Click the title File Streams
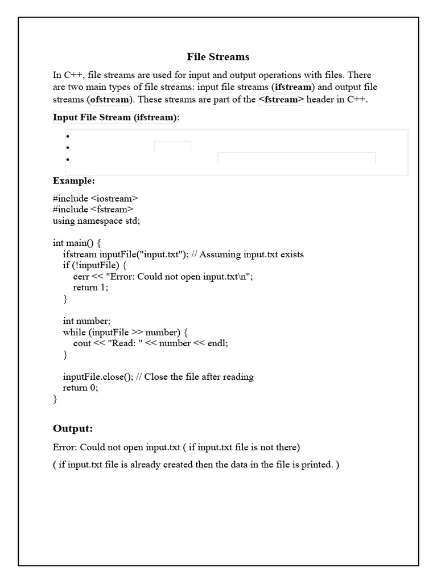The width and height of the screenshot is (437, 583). click(x=218, y=57)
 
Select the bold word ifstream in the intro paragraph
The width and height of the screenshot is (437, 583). click(x=292, y=87)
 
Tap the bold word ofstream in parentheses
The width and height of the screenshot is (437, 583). click(x=110, y=100)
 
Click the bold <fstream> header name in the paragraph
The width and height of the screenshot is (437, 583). click(x=281, y=100)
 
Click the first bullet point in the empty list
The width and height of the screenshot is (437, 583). click(x=68, y=137)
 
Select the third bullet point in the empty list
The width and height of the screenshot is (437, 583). click(x=68, y=159)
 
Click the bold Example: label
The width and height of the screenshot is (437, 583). click(x=74, y=180)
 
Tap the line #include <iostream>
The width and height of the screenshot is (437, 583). click(x=96, y=198)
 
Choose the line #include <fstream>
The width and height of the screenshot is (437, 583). click(x=93, y=210)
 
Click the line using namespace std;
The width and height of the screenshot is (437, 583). click(x=96, y=220)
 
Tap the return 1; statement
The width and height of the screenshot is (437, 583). click(x=90, y=288)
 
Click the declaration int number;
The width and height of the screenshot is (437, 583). click(x=86, y=321)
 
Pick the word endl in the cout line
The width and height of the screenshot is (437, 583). click(x=216, y=343)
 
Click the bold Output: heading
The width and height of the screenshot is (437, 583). click(x=73, y=428)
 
